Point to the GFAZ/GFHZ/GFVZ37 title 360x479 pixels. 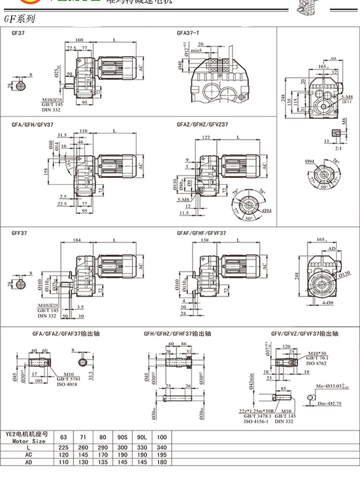(202, 124)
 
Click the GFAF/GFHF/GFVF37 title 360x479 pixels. (202, 233)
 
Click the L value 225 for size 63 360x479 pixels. (64, 447)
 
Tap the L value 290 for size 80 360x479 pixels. (103, 447)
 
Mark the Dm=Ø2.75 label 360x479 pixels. (329, 403)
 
